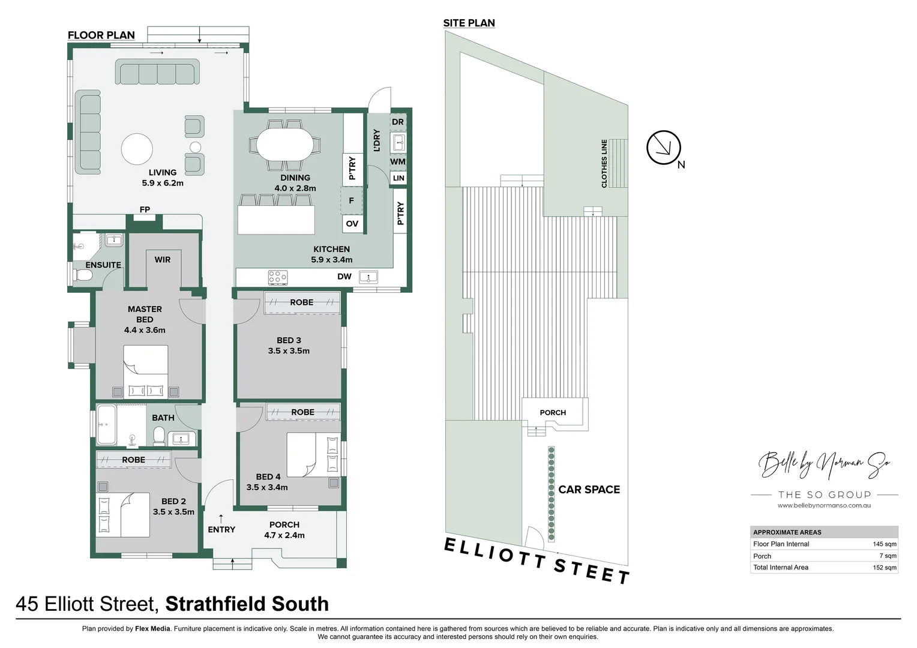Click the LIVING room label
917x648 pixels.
pyautogui.click(x=163, y=173)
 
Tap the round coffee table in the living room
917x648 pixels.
pyautogui.click(x=137, y=149)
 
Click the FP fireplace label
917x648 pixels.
pyautogui.click(x=145, y=209)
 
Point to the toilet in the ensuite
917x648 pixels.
pyautogui.click(x=83, y=276)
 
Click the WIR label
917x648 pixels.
pyautogui.click(x=163, y=260)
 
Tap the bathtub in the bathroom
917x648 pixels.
pyautogui.click(x=106, y=425)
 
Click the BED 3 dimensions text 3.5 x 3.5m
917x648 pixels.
pyautogui.click(x=289, y=351)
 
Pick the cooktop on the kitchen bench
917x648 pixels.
pyautogui.click(x=277, y=277)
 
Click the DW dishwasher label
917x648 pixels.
pyautogui.click(x=344, y=277)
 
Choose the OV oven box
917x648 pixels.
pyautogui.click(x=352, y=224)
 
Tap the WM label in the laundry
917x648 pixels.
pyautogui.click(x=398, y=161)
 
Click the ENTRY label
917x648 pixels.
pyautogui.click(x=221, y=529)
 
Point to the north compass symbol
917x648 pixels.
pyautogui.click(x=664, y=148)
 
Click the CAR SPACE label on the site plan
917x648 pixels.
pyautogui.click(x=589, y=490)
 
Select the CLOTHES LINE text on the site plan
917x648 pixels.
pyautogui.click(x=604, y=164)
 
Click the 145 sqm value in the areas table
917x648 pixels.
pyautogui.click(x=884, y=544)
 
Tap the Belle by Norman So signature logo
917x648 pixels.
pyautogui.click(x=824, y=464)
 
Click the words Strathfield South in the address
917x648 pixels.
pyautogui.click(x=247, y=604)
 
